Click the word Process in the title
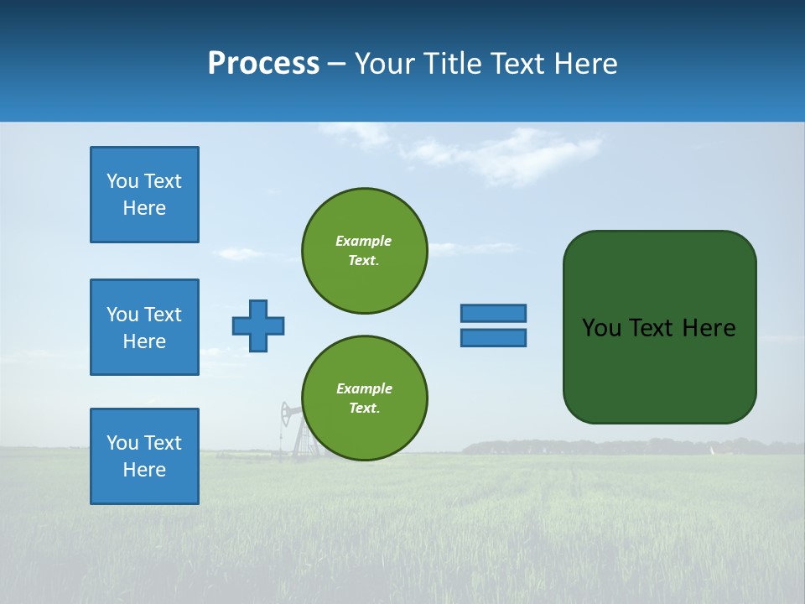tap(263, 64)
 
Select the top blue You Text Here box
tap(144, 195)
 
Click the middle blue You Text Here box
tap(144, 327)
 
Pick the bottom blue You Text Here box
tap(144, 456)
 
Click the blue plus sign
tap(258, 325)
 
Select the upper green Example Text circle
tap(365, 251)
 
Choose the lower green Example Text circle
tap(365, 398)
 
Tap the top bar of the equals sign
tap(494, 313)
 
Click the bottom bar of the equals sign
tap(494, 338)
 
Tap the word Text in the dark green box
tap(652, 328)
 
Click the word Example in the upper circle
tap(364, 241)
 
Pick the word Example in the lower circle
tap(364, 388)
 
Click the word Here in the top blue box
tap(144, 208)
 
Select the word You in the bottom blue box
tap(122, 443)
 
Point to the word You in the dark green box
tap(601, 328)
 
